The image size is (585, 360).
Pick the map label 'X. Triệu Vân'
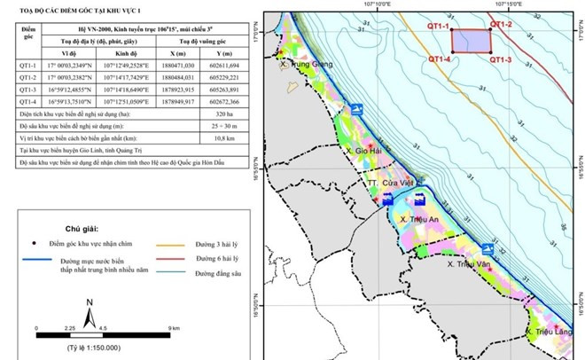click(x=469, y=263)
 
